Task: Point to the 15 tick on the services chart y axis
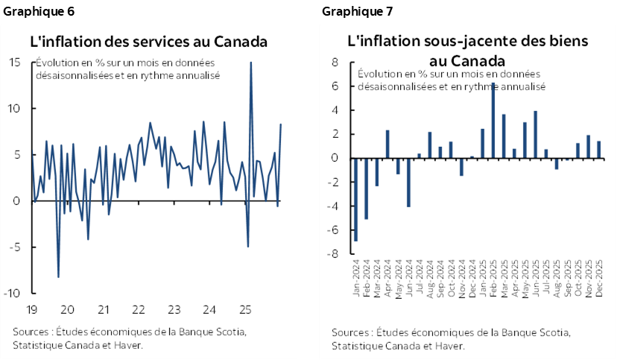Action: pos(15,62)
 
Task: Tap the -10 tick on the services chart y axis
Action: pos(13,293)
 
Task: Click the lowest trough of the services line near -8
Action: pos(58,277)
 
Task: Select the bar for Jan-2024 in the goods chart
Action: pos(355,200)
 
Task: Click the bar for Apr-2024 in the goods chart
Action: pos(387,144)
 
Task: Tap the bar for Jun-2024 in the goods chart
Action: pos(408,182)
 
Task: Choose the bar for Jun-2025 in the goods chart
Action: pos(535,134)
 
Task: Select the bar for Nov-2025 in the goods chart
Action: pos(588,147)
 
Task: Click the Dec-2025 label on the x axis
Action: pos(598,277)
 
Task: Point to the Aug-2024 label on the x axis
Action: pos(429,277)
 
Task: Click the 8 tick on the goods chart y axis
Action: pos(336,63)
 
